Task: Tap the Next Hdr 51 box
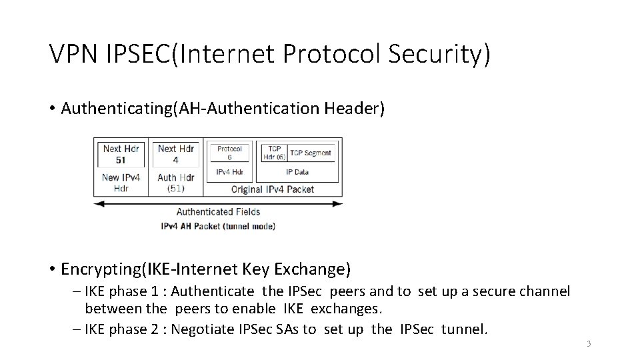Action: (x=121, y=154)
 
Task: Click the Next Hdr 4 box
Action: (x=176, y=154)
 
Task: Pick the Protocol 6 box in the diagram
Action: (x=229, y=153)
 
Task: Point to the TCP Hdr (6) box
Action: (x=273, y=153)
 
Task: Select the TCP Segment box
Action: (x=311, y=153)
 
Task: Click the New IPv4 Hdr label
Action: (x=121, y=183)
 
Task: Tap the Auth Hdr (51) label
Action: (x=176, y=183)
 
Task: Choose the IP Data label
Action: (x=297, y=172)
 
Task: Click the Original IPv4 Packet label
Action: (x=272, y=189)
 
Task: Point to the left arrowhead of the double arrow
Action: (x=97, y=203)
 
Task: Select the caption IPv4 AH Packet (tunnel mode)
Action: (x=218, y=226)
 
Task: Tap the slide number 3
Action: (x=589, y=344)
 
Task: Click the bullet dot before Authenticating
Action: (x=52, y=109)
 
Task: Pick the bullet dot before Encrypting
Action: (x=52, y=269)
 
